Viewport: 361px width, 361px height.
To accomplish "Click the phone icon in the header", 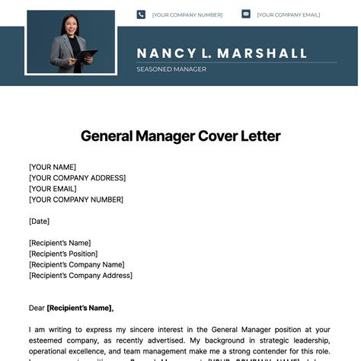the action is pyautogui.click(x=141, y=14).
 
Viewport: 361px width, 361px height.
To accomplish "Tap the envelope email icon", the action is pyautogui.click(x=246, y=14).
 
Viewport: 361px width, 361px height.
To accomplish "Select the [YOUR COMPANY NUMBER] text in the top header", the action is pyautogui.click(x=187, y=14).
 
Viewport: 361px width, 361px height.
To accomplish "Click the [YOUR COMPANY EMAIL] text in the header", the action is pyautogui.click(x=289, y=14).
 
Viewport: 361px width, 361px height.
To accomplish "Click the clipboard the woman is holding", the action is pyautogui.click(x=86, y=56).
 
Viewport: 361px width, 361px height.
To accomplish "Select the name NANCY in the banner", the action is pyautogui.click(x=165, y=53).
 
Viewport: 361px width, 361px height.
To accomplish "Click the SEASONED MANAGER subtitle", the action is pyautogui.click(x=171, y=69).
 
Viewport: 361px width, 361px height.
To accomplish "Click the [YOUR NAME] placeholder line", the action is pyautogui.click(x=53, y=167).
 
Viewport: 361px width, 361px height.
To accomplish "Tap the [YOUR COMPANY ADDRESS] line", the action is pyautogui.click(x=77, y=177).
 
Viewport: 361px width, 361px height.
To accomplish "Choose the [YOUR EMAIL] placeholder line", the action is pyautogui.click(x=53, y=189).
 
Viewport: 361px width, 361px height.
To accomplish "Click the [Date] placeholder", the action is pyautogui.click(x=39, y=221).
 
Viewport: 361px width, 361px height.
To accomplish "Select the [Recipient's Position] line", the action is pyautogui.click(x=63, y=254).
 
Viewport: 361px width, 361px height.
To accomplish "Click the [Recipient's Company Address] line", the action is pyautogui.click(x=81, y=275).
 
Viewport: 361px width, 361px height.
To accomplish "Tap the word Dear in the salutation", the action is pyautogui.click(x=37, y=308).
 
